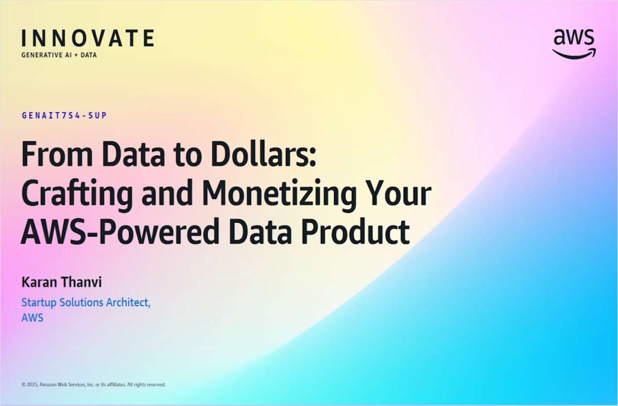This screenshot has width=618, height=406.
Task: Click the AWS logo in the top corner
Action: (x=574, y=43)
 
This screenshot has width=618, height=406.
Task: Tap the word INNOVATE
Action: (x=88, y=39)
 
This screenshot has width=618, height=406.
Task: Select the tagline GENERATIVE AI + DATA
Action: (x=59, y=55)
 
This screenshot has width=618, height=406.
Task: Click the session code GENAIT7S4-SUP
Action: (x=64, y=116)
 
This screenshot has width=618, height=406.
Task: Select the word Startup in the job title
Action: (x=39, y=303)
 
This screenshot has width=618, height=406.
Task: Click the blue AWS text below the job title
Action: (x=32, y=318)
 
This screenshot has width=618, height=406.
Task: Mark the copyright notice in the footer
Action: (x=93, y=384)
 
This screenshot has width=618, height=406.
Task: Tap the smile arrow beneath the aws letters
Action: (x=573, y=54)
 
